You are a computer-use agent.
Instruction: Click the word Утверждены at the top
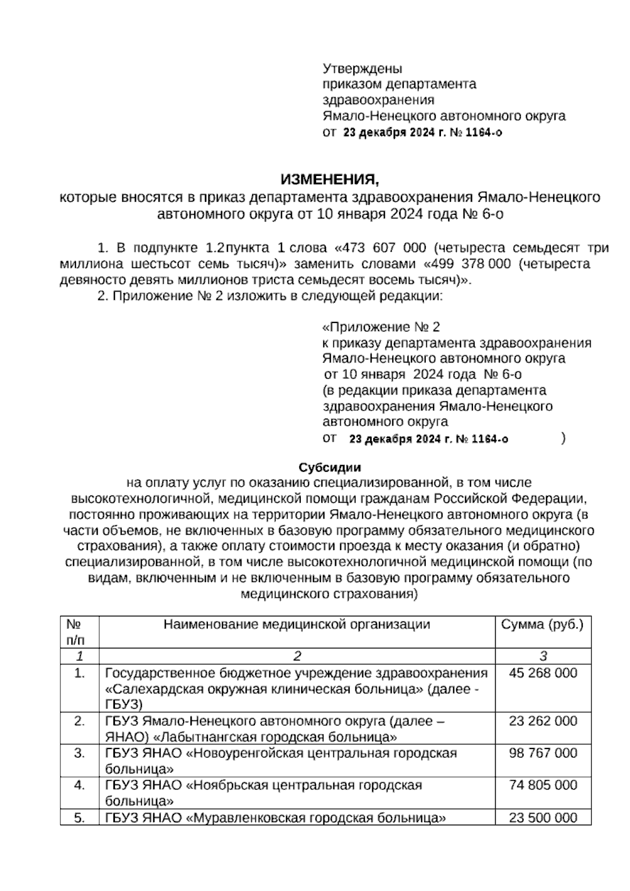(x=362, y=69)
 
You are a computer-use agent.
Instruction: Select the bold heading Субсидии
(x=330, y=467)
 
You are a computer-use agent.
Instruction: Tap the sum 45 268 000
(x=543, y=673)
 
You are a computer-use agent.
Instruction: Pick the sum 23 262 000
(x=543, y=721)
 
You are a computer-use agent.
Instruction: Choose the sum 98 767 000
(x=543, y=753)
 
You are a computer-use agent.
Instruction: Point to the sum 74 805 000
(x=543, y=785)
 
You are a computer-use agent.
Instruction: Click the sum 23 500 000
(x=543, y=817)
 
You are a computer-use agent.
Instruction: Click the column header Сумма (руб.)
(x=542, y=624)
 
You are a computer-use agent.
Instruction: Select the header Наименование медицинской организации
(x=297, y=624)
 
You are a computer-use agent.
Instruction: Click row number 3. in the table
(x=79, y=753)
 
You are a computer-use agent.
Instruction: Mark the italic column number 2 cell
(x=297, y=656)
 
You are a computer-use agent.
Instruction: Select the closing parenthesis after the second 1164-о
(x=563, y=438)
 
